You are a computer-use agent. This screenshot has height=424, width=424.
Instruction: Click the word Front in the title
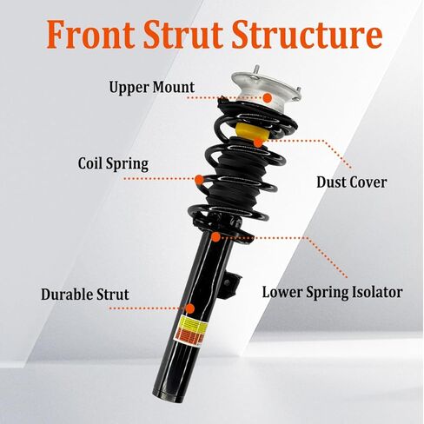tap(90, 34)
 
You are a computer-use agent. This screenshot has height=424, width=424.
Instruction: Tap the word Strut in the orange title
tap(183, 34)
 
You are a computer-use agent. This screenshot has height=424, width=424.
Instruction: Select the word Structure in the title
tap(307, 34)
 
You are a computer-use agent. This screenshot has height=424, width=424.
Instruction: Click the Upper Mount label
tap(152, 87)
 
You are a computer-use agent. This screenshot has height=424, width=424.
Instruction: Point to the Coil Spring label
tap(113, 163)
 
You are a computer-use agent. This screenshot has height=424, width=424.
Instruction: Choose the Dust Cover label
tap(352, 182)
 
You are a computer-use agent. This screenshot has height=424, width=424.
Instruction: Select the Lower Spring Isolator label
tap(332, 292)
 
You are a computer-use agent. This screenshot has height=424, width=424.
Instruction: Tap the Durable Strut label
tap(85, 295)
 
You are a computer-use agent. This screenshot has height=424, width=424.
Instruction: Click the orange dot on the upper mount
tap(268, 98)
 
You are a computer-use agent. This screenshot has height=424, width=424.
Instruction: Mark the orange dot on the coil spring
tap(199, 180)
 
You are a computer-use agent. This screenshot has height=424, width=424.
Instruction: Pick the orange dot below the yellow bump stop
tap(258, 142)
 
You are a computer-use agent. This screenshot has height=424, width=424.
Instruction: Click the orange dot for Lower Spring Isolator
tap(215, 237)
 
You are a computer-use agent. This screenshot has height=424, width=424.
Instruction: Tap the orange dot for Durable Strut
tap(189, 308)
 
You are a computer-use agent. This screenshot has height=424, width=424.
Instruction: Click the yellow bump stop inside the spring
tap(251, 131)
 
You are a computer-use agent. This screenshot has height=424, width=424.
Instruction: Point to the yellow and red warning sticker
tap(191, 331)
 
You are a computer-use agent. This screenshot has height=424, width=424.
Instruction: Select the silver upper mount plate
tap(266, 93)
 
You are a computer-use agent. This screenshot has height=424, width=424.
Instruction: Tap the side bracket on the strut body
tap(229, 285)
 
